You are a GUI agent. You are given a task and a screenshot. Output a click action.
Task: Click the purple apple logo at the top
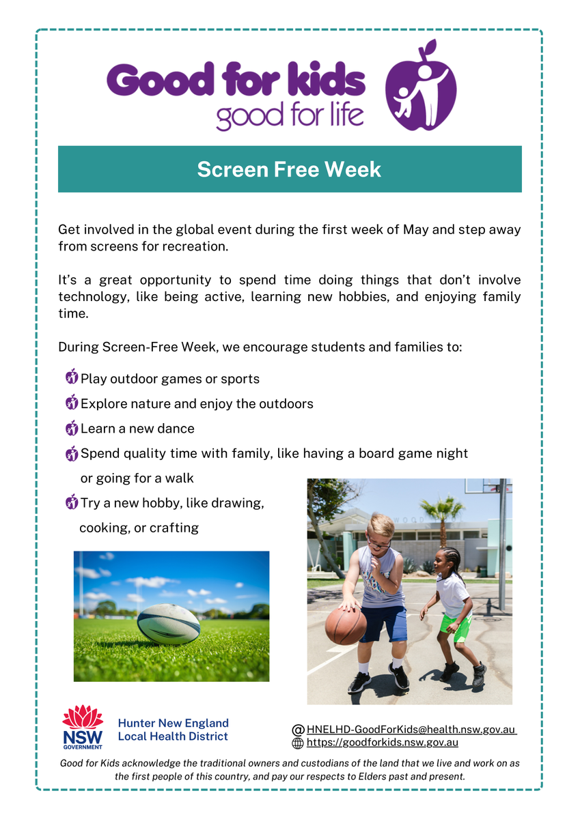421,86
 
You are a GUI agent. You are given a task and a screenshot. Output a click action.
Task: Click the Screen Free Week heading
289,169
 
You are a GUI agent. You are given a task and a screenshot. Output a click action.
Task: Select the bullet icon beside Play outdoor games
72,376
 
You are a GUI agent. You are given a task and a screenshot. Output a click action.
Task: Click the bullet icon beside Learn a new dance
72,428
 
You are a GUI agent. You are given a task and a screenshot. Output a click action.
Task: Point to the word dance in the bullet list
176,429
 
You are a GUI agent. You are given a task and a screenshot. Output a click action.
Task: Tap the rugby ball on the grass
169,624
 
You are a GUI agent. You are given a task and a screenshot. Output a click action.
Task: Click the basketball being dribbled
346,625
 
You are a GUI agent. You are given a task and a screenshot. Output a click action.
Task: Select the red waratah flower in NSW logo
83,717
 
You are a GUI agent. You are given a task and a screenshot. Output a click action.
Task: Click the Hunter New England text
173,723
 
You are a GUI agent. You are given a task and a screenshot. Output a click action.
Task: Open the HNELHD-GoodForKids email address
411,730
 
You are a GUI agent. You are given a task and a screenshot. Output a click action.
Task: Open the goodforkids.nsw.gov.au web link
383,743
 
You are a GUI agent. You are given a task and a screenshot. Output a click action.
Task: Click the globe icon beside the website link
298,743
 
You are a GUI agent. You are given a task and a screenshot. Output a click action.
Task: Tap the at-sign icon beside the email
299,730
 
